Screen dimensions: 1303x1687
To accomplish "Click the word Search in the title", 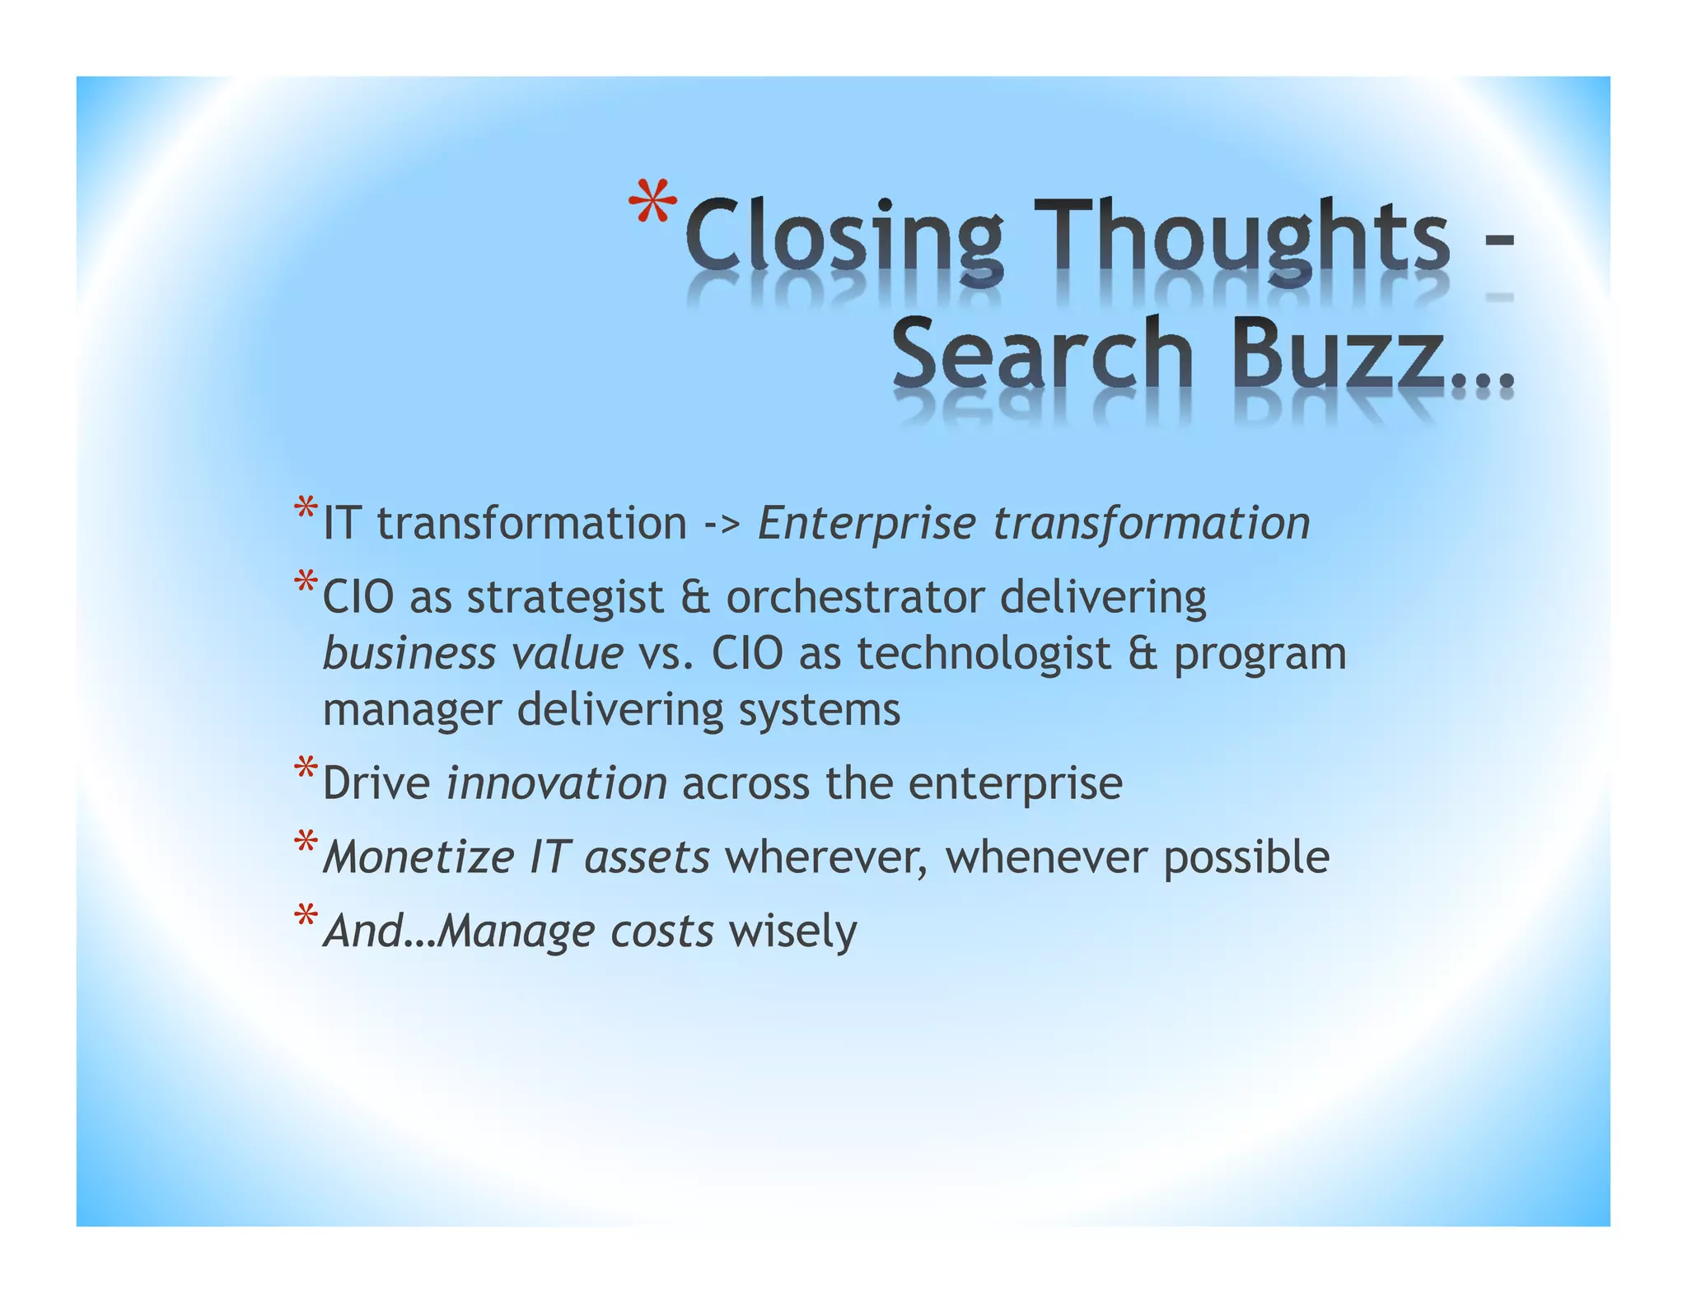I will (1042, 356).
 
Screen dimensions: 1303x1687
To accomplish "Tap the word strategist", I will (565, 597).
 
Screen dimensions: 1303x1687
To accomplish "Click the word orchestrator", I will (855, 597).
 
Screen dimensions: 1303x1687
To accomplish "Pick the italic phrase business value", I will (473, 654).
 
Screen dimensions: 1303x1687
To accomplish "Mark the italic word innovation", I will (556, 783).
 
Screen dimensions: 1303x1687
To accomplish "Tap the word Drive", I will (376, 783).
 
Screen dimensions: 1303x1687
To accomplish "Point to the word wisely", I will (792, 932).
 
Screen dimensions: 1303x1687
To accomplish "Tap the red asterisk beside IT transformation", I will (306, 507).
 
